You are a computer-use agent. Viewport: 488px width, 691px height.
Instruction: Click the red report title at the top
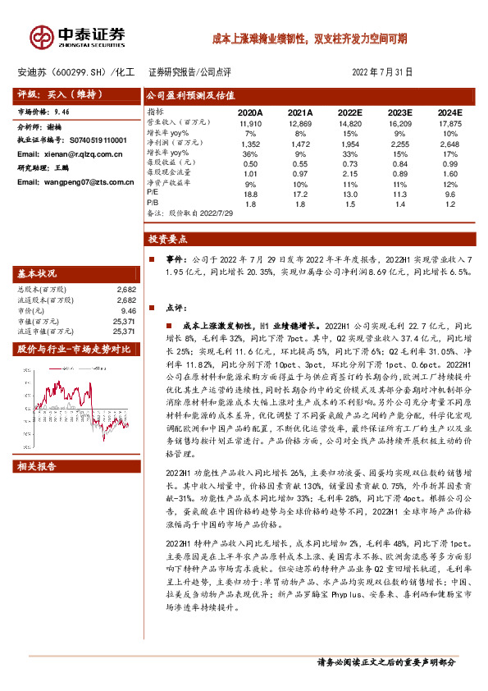309,38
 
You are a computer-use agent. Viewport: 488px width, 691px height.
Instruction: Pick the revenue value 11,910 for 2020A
250,121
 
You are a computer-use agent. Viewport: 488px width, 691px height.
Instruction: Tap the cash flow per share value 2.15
350,172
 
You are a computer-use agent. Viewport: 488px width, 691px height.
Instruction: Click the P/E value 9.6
450,193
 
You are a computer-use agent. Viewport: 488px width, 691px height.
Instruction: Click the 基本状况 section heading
38,273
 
